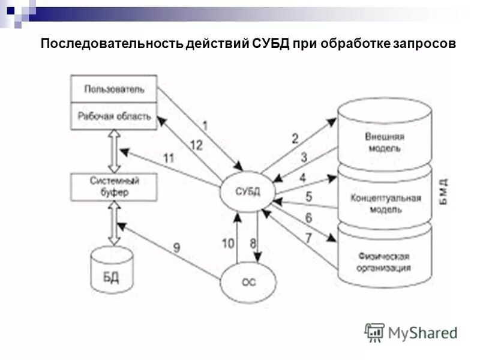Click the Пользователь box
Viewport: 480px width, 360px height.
(x=114, y=89)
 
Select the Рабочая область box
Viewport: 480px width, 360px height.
(x=114, y=116)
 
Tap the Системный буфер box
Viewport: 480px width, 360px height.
(x=114, y=187)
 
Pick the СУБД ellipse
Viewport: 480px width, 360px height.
(x=246, y=191)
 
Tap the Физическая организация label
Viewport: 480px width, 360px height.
(x=384, y=262)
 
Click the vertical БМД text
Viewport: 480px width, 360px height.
(x=443, y=192)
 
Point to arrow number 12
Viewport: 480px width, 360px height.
(x=196, y=145)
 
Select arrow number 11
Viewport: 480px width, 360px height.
(x=168, y=158)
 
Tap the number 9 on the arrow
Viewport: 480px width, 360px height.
(x=176, y=247)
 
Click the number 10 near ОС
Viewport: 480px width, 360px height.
(x=228, y=243)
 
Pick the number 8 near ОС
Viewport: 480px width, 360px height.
(x=253, y=243)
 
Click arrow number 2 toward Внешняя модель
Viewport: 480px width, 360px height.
(x=295, y=139)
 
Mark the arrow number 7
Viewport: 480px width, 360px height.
(x=308, y=238)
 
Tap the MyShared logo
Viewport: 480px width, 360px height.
(x=411, y=332)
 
